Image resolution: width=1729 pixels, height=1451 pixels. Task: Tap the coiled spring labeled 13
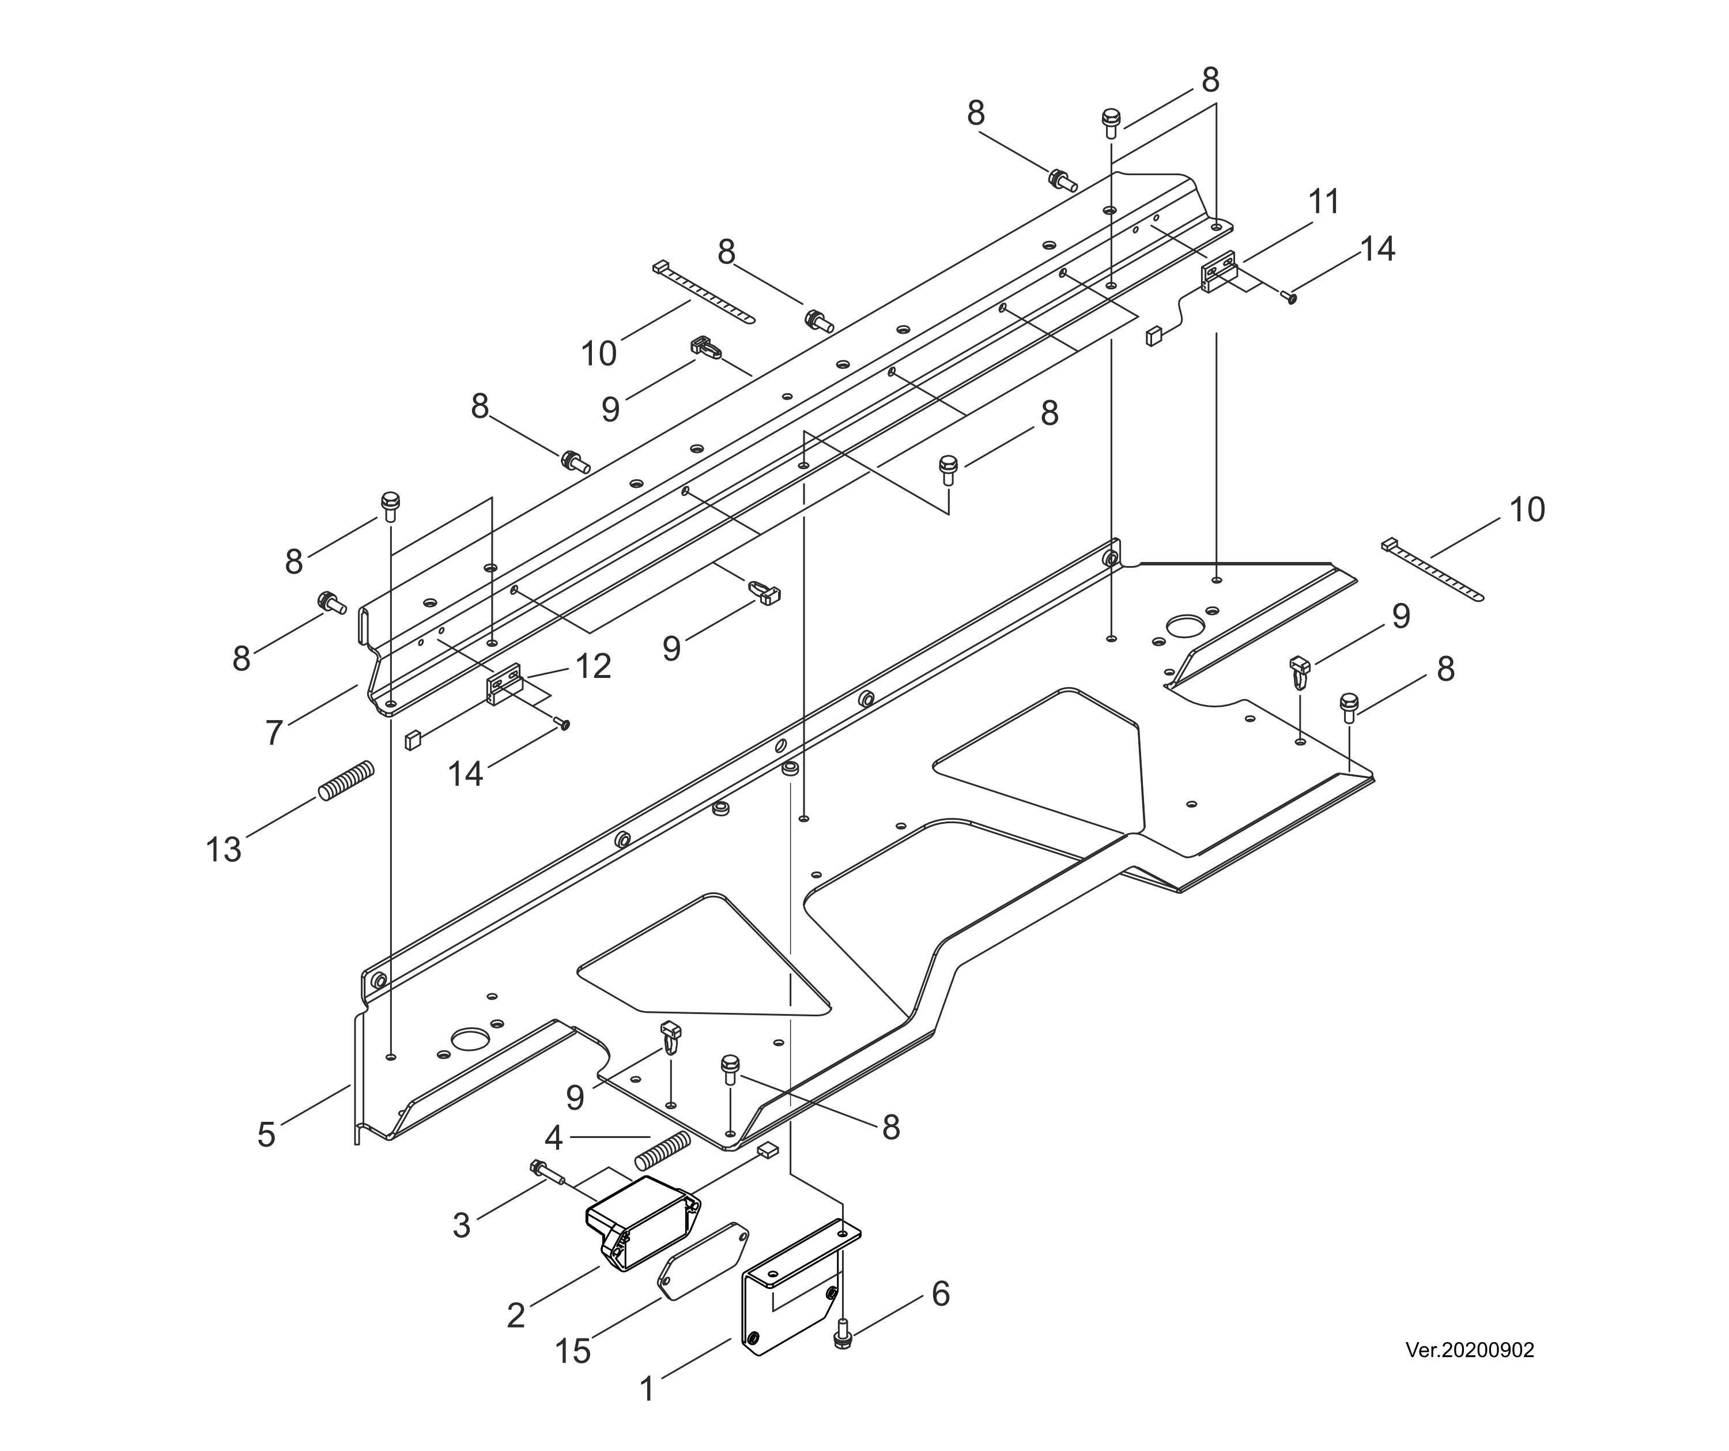click(346, 781)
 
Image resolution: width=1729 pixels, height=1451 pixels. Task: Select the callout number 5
click(266, 1135)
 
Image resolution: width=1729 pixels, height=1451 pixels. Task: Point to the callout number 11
click(1324, 202)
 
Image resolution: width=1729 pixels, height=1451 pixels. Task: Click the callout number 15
click(572, 1351)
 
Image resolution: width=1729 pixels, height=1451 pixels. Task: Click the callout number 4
click(553, 1138)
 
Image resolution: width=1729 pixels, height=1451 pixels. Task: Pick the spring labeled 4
click(662, 1151)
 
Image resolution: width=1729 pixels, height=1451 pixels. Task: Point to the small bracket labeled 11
click(1218, 271)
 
